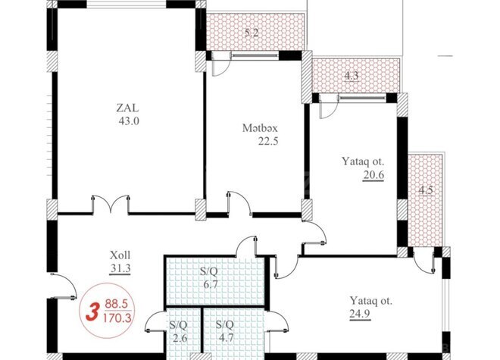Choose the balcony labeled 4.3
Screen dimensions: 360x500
click(352, 75)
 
